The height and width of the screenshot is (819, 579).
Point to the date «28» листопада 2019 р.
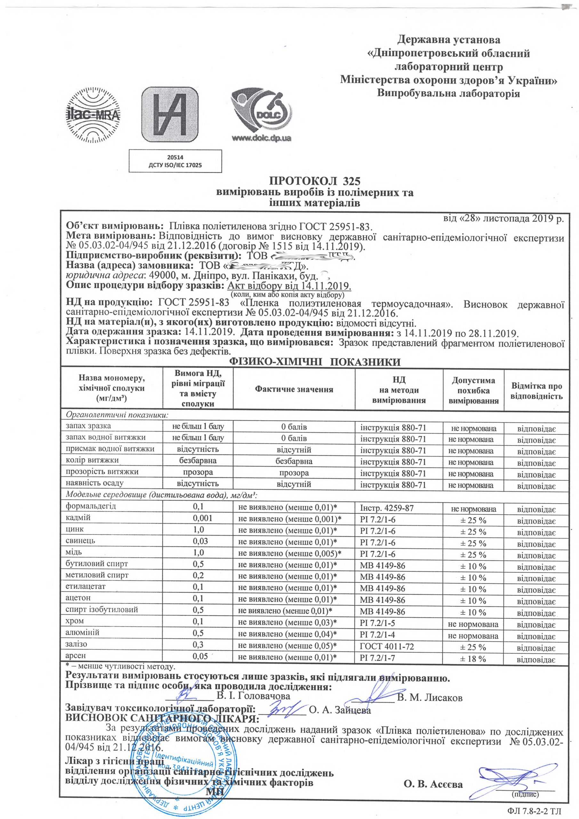[x=503, y=218]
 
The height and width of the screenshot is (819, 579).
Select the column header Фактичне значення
[x=294, y=389]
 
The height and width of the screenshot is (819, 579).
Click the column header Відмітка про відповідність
[x=536, y=391]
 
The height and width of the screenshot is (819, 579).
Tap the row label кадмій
[x=78, y=517]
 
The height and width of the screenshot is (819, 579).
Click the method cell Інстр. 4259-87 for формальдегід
[x=387, y=508]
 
